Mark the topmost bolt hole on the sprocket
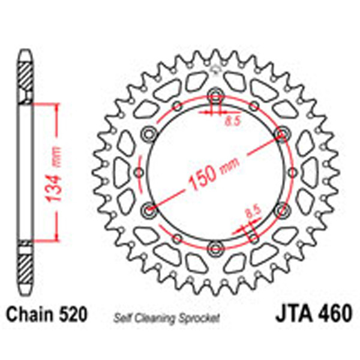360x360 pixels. click(x=215, y=95)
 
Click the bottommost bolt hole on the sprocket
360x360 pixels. click(x=215, y=248)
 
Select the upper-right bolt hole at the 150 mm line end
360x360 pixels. click(x=281, y=133)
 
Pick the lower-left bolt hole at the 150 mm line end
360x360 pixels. click(x=149, y=209)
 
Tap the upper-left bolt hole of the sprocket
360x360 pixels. click(x=149, y=133)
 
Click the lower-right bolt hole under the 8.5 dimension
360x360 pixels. click(x=281, y=209)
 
